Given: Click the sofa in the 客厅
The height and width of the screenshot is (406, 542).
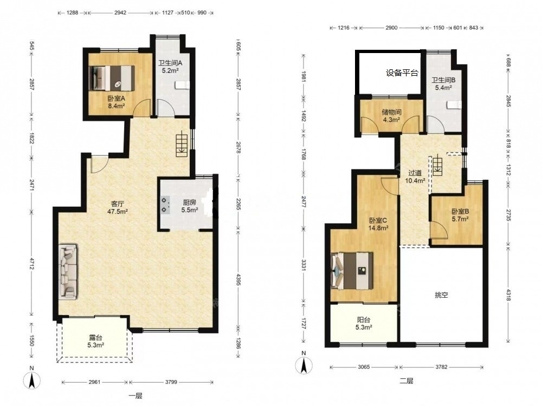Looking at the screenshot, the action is [68, 271].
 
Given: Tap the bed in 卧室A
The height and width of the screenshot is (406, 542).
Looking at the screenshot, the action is [112, 78].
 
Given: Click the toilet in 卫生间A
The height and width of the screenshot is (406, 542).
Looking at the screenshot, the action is [183, 85].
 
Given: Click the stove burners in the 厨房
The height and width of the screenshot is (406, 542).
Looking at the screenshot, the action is [165, 205].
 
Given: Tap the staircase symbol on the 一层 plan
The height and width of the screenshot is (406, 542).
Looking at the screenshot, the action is [182, 145].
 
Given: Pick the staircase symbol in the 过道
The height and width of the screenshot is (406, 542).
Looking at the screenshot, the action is [437, 165].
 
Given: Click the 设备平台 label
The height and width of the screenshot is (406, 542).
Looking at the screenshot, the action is [402, 73].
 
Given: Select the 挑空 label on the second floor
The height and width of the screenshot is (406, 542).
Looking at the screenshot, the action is [441, 295].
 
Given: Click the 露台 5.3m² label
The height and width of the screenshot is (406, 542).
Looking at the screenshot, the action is [96, 341].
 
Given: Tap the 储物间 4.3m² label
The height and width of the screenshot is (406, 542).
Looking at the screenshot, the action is [391, 116].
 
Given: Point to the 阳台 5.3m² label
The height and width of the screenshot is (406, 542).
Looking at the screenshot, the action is [363, 324].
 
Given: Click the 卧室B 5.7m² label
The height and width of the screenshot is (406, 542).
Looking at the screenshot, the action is [460, 215].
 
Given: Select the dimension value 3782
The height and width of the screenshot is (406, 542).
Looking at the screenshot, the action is [441, 367].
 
